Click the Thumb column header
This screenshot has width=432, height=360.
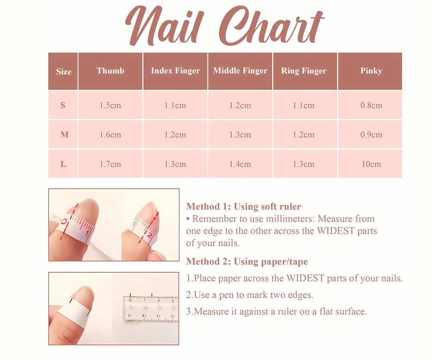[110, 71]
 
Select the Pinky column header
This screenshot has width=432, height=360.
[371, 71]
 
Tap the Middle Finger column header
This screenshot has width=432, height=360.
[240, 71]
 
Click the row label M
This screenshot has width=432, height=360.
[65, 135]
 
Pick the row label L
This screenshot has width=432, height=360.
[63, 164]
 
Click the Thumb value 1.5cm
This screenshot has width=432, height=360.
[110, 105]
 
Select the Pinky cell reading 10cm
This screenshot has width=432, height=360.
[371, 164]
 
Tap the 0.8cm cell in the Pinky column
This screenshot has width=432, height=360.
[371, 105]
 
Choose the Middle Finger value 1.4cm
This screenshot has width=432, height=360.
[240, 164]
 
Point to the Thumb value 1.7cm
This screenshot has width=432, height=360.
[110, 164]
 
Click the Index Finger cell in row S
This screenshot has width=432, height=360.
[175, 105]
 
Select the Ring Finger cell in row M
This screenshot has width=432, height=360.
[304, 135]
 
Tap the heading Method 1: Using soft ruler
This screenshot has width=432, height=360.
[243, 206]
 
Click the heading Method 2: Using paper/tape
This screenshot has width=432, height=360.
[247, 261]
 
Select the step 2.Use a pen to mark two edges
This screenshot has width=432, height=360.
[250, 295]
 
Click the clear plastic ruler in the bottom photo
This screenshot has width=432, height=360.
[151, 309]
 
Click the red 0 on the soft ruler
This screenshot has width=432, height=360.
[64, 222]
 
